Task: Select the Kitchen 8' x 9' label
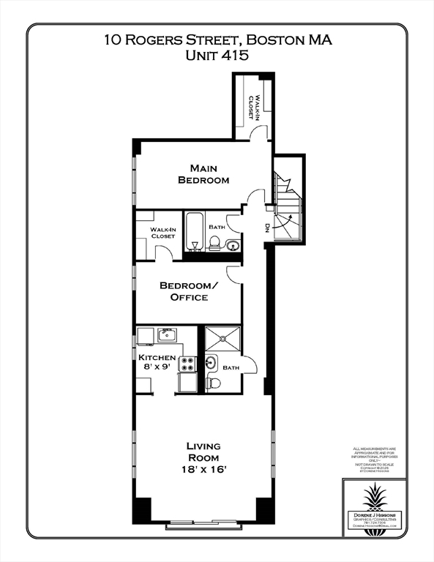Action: tap(157, 362)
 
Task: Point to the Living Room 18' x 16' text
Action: tap(203, 457)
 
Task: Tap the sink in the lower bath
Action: tap(211, 361)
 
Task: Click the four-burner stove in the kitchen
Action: tap(187, 363)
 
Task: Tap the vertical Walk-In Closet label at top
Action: tap(253, 106)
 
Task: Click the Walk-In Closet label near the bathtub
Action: tap(162, 233)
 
